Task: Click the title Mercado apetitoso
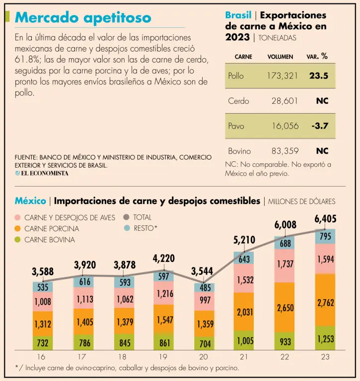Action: tap(83, 18)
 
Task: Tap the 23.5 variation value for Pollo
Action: tap(319, 76)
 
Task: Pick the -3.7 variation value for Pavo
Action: tap(320, 126)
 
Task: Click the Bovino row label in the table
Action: tap(239, 151)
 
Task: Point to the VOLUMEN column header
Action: tap(280, 57)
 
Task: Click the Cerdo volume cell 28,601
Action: tap(285, 101)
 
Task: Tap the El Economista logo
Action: tap(42, 174)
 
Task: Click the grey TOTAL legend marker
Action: tap(126, 217)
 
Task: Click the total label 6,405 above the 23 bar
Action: tap(326, 218)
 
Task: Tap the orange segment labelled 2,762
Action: tap(326, 303)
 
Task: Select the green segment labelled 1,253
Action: tap(326, 339)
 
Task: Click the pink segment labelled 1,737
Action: tap(285, 265)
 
